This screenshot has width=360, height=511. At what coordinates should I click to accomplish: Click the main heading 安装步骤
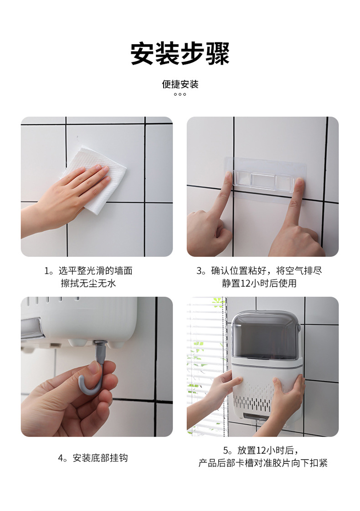point(180,54)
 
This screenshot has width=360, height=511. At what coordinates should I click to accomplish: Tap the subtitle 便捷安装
point(180,84)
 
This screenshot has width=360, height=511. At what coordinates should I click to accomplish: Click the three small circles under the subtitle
point(180,94)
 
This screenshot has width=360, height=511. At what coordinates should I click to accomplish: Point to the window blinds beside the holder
point(205,356)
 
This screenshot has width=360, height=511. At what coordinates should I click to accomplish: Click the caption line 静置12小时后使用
point(259,283)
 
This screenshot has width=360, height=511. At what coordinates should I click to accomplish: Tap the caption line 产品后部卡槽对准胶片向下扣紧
point(263,463)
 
